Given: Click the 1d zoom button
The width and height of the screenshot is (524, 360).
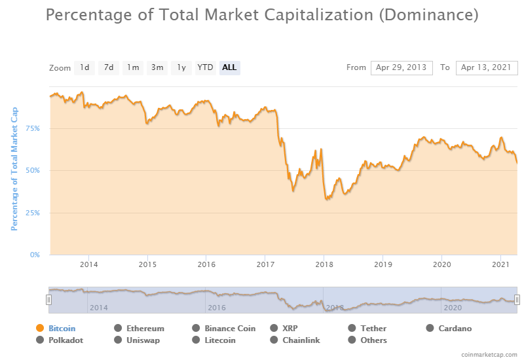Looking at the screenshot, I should (x=84, y=67).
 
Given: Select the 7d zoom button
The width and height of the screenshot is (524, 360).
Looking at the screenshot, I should (x=109, y=67).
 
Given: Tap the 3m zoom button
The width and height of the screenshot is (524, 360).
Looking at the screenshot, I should (x=157, y=67).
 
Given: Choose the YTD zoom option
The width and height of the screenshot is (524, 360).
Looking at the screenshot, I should (x=205, y=67).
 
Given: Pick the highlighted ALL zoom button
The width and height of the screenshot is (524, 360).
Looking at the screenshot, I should (x=229, y=67).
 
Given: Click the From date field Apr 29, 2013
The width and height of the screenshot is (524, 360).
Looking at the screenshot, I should (x=402, y=67).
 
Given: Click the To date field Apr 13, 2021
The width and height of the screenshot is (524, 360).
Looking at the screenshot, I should (x=487, y=67).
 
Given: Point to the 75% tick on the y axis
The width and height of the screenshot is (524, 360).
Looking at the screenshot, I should (x=33, y=128).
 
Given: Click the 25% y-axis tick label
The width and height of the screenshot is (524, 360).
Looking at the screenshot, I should (x=33, y=213).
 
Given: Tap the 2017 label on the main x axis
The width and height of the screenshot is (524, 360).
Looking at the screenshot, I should (x=265, y=264).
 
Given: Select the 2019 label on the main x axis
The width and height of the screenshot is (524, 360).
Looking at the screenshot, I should (x=383, y=264).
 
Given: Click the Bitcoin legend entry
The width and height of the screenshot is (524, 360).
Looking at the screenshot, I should (x=62, y=329).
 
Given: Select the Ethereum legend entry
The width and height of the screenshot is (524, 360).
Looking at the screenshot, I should (x=145, y=329).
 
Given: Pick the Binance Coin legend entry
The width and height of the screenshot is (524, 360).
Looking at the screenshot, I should (x=229, y=329).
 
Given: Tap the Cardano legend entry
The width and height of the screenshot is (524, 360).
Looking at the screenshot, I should (x=455, y=329).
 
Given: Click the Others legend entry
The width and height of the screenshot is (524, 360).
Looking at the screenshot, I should (x=373, y=340).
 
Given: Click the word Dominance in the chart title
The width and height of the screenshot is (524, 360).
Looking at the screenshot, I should (x=429, y=14).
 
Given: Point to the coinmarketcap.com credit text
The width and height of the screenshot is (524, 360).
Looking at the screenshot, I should (x=489, y=353).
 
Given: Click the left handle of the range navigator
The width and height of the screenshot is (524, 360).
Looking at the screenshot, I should (x=48, y=300).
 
